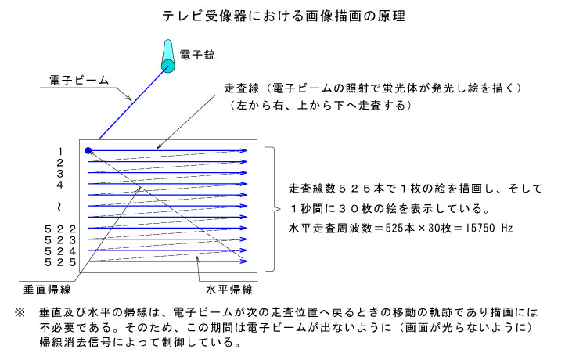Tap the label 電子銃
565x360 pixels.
point(196,55)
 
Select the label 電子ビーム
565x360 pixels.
point(79,80)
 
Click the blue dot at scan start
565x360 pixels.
point(88,150)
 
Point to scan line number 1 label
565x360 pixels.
point(59,151)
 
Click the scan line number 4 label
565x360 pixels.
point(59,185)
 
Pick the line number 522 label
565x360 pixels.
point(60,229)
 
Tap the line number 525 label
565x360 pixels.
point(60,262)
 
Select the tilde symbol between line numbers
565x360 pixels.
point(59,207)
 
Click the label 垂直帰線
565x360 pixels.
point(47,290)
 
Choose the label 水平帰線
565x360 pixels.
point(229,290)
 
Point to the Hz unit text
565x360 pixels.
point(506,228)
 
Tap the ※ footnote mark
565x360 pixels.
point(20,312)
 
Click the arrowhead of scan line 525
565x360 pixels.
point(244,261)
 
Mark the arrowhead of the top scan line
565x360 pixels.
point(244,150)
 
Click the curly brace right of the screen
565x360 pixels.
point(273,209)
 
